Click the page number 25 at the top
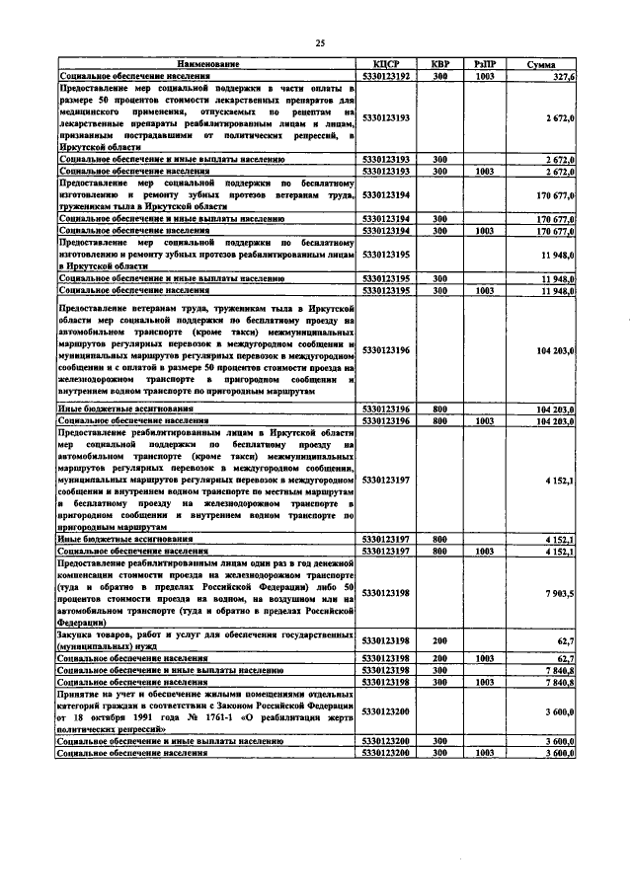click(319, 42)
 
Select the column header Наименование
click(207, 64)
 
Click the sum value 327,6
click(562, 75)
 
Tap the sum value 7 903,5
click(558, 593)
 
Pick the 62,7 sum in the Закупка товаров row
click(565, 640)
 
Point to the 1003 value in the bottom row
click(485, 752)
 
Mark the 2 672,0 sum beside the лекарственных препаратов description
click(559, 117)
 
